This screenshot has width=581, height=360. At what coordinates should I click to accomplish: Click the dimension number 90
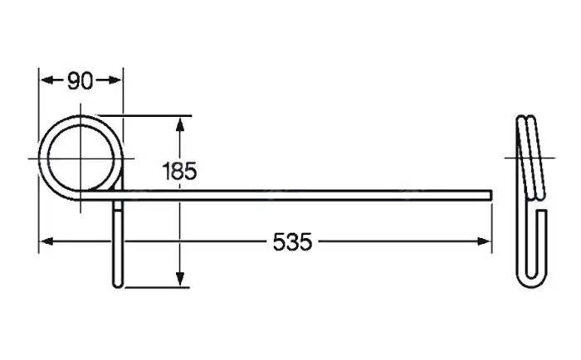(80, 80)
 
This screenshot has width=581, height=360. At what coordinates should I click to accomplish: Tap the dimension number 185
(179, 171)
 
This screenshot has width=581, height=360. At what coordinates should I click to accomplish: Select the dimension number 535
(292, 242)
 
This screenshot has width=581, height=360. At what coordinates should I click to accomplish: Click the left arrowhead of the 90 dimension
(46, 80)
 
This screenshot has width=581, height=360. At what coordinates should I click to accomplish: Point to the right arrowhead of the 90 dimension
(115, 80)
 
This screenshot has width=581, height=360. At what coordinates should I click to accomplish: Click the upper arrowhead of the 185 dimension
(180, 125)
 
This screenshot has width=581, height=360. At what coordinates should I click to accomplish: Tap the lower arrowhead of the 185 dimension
(180, 279)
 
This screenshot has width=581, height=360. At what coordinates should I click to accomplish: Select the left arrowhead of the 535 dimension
(46, 241)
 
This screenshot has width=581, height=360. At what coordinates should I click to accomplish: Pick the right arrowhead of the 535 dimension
(484, 241)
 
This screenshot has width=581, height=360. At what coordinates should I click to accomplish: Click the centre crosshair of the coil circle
(81, 158)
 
